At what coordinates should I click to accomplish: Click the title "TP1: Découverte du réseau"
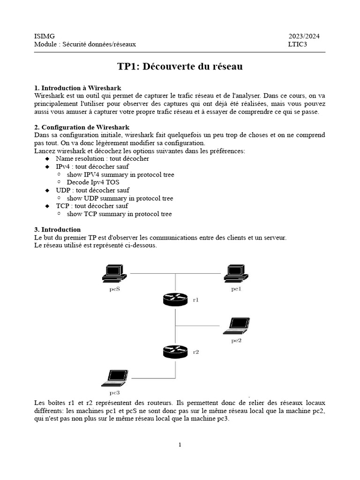[180, 67]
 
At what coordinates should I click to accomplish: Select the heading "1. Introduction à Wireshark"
[78, 88]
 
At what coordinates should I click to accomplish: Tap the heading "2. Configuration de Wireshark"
[82, 127]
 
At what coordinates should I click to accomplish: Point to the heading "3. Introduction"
[58, 230]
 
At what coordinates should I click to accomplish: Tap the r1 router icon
[175, 299]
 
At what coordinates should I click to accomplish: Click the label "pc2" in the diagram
[236, 340]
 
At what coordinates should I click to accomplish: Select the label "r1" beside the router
[196, 300]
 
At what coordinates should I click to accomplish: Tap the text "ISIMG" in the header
[45, 36]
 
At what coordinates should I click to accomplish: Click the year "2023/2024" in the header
[304, 36]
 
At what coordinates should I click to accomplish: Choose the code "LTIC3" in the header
[297, 45]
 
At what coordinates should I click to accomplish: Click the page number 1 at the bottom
[180, 445]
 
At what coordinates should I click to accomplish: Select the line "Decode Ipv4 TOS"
[92, 182]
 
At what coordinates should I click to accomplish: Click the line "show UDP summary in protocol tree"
[120, 198]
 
